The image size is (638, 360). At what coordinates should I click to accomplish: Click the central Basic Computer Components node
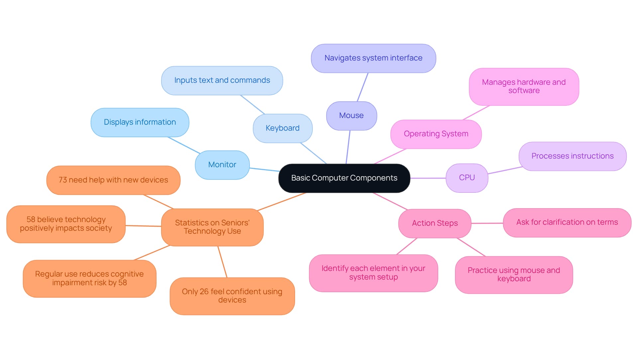(344, 178)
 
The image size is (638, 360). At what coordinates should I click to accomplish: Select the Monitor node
(222, 165)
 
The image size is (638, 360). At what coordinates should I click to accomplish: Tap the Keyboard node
(282, 128)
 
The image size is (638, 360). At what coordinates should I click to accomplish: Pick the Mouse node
(351, 116)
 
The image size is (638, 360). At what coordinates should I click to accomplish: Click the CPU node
(467, 178)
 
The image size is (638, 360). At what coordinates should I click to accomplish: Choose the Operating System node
(436, 134)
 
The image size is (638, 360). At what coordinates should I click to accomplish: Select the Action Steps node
(435, 223)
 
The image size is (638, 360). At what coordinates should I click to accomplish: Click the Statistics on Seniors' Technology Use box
(212, 227)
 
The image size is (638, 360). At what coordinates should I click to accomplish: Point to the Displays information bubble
(140, 122)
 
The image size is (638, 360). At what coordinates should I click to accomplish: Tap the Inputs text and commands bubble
(222, 80)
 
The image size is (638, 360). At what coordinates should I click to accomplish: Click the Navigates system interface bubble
(373, 58)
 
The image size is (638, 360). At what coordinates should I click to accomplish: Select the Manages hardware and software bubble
(524, 86)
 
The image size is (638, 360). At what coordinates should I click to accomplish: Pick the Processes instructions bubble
(572, 156)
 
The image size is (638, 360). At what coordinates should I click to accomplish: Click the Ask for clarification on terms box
(567, 222)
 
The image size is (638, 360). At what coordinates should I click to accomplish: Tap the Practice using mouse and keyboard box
(514, 275)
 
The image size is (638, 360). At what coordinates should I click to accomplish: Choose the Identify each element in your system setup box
(373, 273)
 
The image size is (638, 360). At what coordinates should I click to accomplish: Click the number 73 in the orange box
(63, 180)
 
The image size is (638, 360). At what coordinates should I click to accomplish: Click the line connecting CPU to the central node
(428, 178)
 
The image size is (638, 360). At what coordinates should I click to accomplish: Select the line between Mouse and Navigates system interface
(363, 87)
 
